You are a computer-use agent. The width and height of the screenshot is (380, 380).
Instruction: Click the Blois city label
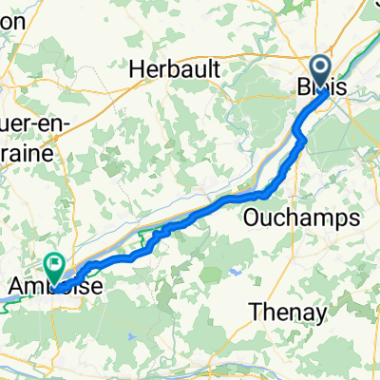click(x=321, y=85)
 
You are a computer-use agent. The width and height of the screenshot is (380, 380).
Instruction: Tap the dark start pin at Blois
click(x=318, y=68)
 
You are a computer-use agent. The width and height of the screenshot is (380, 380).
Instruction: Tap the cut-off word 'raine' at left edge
click(x=24, y=152)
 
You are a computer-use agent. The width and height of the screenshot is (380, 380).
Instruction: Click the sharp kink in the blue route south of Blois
click(x=303, y=140)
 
